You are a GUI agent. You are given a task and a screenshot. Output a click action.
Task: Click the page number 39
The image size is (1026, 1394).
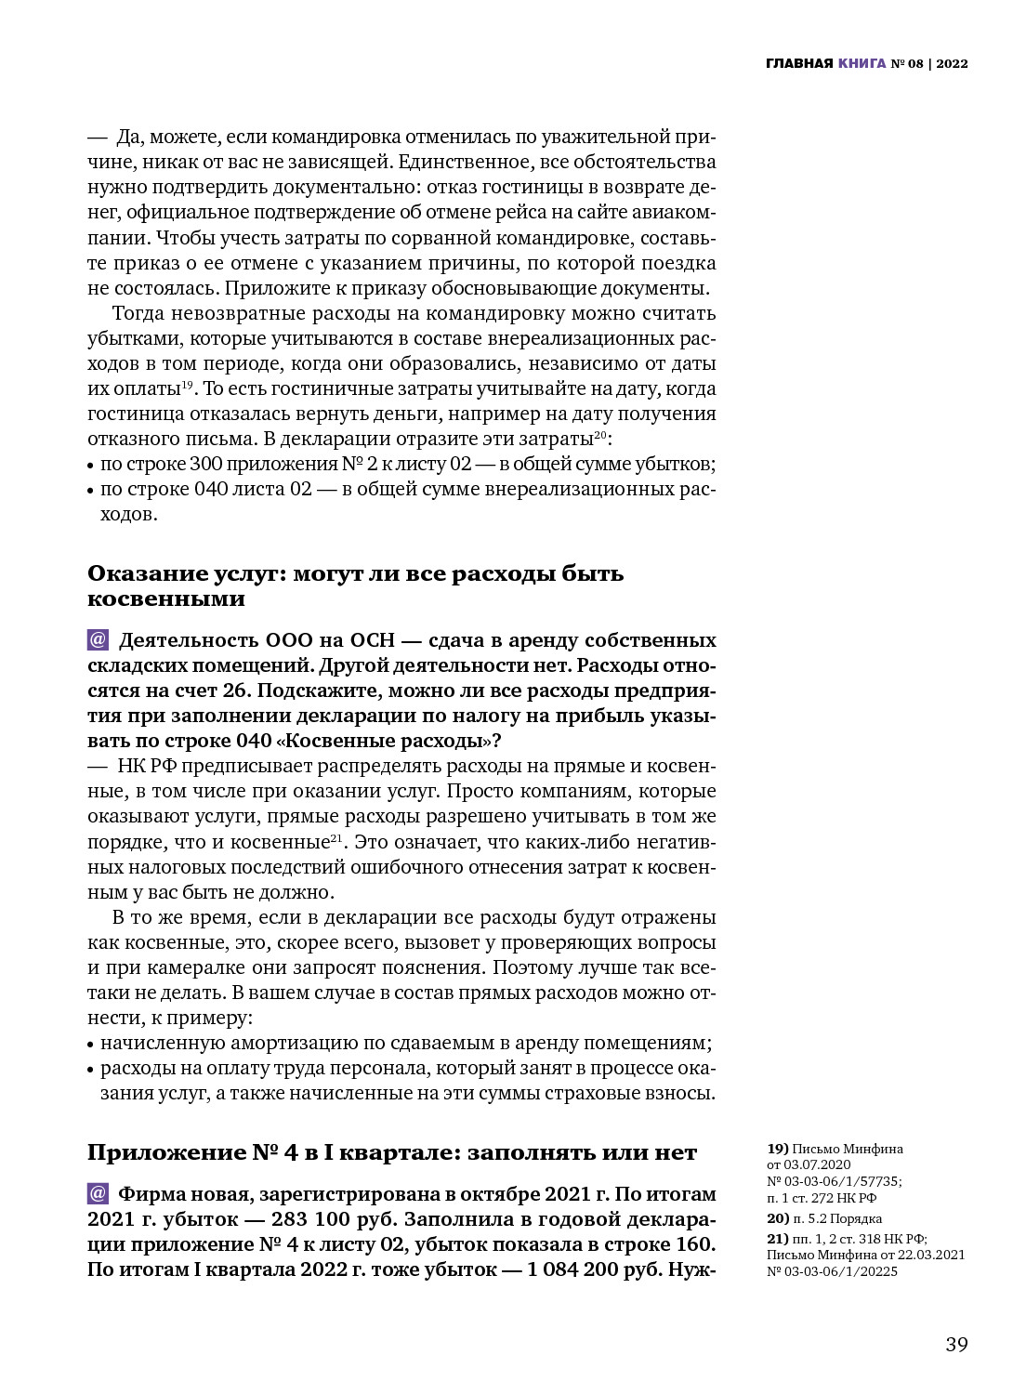956,1345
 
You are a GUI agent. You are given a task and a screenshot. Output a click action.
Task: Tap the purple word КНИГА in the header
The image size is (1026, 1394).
862,64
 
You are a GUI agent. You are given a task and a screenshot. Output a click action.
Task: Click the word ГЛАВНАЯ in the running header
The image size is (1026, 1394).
798,64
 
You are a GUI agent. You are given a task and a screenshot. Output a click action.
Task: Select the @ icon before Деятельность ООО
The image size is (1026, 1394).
99,640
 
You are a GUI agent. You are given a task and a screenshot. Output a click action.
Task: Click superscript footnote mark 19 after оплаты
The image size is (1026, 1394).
187,385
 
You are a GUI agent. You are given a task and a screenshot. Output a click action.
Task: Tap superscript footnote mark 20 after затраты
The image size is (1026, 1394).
600,435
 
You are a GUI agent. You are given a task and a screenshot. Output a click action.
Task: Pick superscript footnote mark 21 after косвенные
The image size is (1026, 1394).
337,838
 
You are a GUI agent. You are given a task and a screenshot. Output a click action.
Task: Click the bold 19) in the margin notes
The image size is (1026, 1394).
777,1149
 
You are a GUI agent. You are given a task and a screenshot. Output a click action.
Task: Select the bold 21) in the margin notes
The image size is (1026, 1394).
777,1238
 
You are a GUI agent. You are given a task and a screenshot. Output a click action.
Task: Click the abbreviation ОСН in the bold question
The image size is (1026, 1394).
372,640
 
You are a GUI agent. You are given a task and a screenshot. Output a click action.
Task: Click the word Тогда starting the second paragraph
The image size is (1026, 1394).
138,313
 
